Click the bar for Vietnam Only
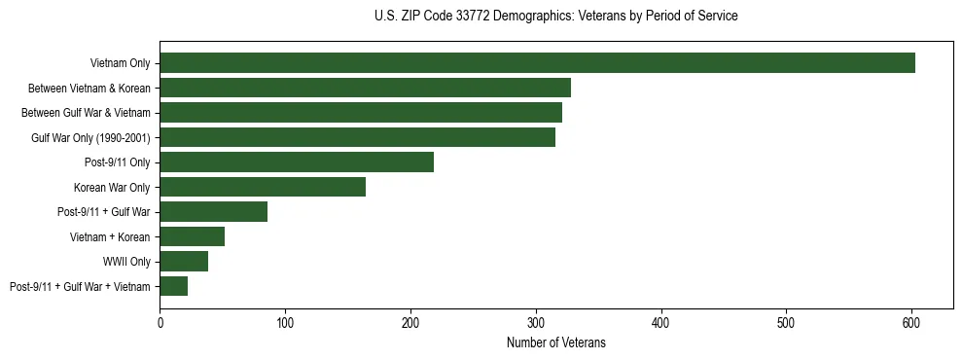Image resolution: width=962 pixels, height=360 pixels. [x=537, y=63]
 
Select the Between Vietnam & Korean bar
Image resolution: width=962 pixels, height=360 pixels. [x=365, y=88]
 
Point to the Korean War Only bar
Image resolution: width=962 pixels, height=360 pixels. [x=263, y=187]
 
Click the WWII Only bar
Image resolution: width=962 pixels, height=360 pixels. [x=184, y=261]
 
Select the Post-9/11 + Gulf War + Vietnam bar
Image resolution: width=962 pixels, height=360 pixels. [x=173, y=286]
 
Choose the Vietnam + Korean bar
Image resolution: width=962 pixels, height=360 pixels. [x=192, y=236]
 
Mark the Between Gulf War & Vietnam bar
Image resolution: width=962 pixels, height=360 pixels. [x=361, y=113]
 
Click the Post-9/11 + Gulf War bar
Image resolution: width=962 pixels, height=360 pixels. [x=213, y=211]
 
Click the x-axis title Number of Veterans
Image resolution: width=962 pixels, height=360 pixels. [x=555, y=342]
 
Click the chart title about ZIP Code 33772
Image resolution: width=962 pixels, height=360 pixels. [x=555, y=17]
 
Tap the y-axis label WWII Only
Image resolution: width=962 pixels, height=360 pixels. [x=126, y=262]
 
